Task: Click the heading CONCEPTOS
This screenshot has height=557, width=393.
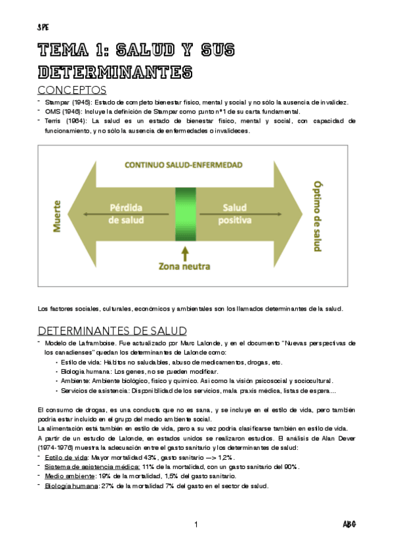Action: tap(72, 89)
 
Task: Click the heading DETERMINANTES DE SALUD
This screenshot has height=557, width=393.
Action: tap(112, 330)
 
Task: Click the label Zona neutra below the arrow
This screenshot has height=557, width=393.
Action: tap(186, 266)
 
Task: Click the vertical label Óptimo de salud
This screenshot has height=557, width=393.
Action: tap(318, 217)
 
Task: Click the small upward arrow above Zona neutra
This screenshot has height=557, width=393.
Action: tap(186, 251)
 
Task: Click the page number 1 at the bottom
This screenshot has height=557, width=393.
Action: tap(196, 524)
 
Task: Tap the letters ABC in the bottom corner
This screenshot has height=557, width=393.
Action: tap(349, 524)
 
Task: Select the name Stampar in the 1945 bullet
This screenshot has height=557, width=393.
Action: tap(58, 102)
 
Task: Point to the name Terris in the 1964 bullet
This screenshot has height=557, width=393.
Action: tap(53, 121)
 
